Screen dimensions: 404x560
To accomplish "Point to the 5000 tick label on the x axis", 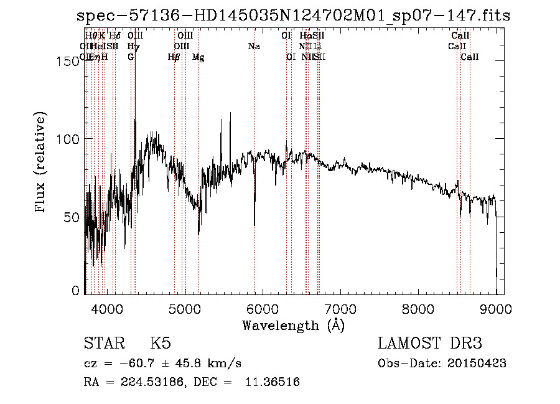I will point(185,308).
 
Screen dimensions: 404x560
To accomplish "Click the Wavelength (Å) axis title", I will point(293,325).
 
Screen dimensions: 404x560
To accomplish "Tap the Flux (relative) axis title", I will point(42,163).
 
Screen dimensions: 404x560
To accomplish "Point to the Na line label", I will point(254,47).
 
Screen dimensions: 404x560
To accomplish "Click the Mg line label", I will point(198,57).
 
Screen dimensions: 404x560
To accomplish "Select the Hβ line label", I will point(174,57).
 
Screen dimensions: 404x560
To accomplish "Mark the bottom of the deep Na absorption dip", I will point(254,225).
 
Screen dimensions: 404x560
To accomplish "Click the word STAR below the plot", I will point(103,344).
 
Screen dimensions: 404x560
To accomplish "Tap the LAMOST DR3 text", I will point(430,344).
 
